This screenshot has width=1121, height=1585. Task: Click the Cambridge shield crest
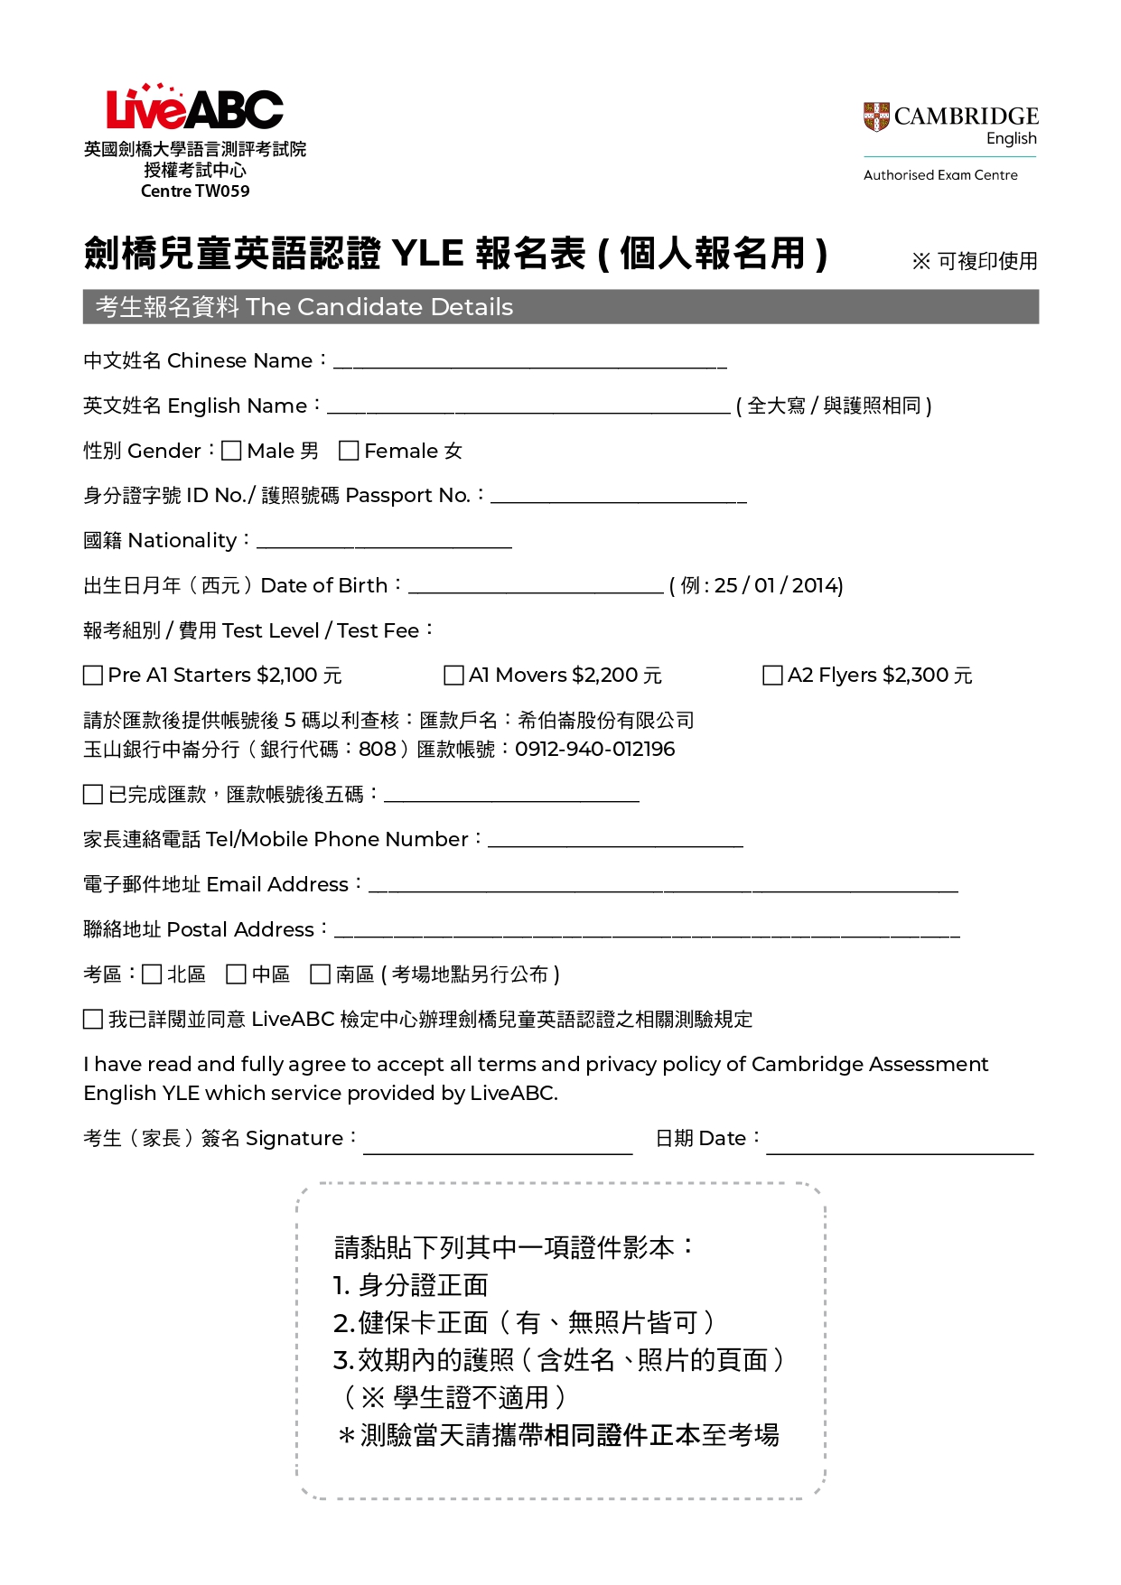pos(876,117)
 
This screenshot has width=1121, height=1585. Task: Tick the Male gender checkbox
pos(232,451)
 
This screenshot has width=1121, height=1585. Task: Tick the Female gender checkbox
pos(349,451)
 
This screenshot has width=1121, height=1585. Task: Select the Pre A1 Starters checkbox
pos(93,676)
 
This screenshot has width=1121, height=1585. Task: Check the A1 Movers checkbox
pos(454,676)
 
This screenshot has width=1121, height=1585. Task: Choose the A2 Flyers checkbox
pos(773,676)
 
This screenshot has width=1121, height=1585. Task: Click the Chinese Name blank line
pos(530,363)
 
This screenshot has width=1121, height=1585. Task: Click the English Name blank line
pos(528,408)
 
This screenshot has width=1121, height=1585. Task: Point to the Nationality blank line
pos(384,543)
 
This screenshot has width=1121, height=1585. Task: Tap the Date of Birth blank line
pos(536,588)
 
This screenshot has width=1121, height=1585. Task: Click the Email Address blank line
pos(664,887)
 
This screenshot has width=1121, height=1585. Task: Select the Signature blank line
pos(498,1149)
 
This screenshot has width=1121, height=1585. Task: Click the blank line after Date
pos(900,1149)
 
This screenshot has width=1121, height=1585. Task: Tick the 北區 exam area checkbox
pos(153,974)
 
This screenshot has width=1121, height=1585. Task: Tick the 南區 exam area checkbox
pos(321,974)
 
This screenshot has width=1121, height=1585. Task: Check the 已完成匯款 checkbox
pos(93,795)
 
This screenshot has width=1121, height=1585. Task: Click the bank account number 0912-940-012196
pos(595,750)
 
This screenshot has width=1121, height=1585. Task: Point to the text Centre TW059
pos(195,191)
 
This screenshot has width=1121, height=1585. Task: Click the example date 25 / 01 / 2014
pos(778,586)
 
